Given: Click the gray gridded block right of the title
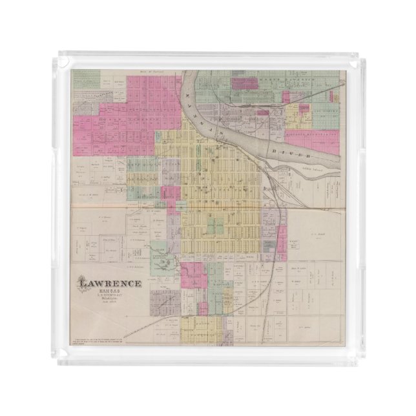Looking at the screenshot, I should click(163, 300).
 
